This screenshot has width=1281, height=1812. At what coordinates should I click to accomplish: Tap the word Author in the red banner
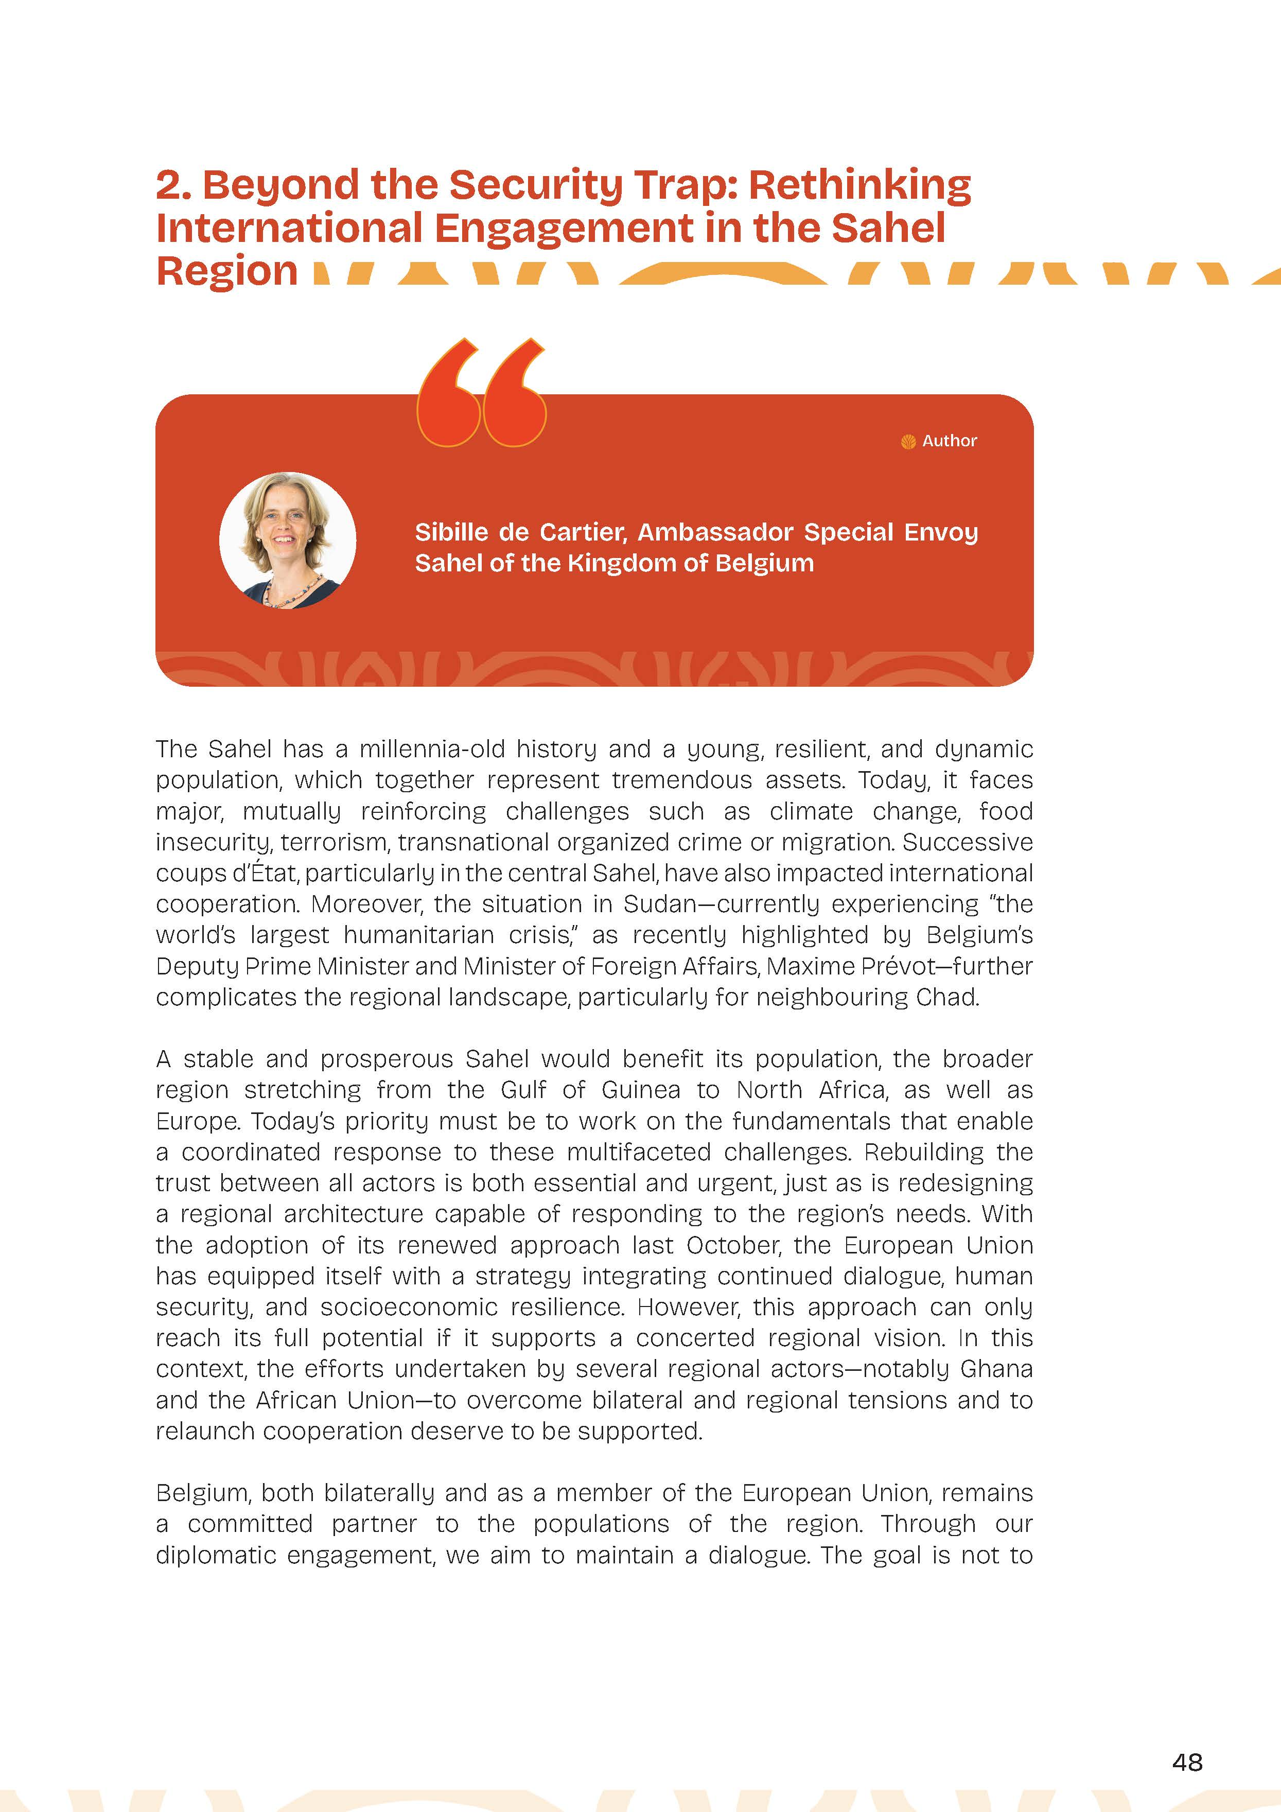coord(950,441)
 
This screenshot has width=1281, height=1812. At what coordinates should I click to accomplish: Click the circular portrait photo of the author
coord(287,541)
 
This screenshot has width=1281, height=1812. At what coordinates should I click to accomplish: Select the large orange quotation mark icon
coord(481,393)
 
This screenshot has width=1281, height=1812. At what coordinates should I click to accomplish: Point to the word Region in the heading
coord(227,271)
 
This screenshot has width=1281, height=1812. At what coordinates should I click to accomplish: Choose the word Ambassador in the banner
coord(715,533)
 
